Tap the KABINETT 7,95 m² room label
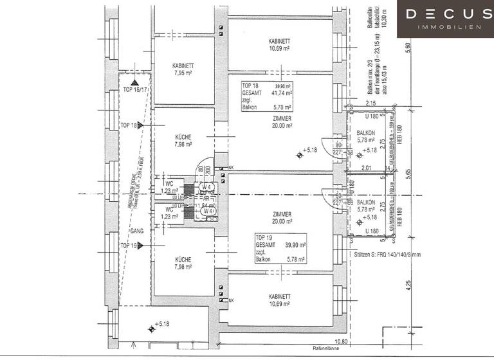(x=183, y=69)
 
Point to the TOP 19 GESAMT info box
(x=280, y=248)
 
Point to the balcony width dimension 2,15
(x=370, y=104)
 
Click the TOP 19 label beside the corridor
(x=129, y=246)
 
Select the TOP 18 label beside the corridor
(x=129, y=125)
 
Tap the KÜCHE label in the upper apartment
(x=183, y=139)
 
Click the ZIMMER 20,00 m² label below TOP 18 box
(x=282, y=123)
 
